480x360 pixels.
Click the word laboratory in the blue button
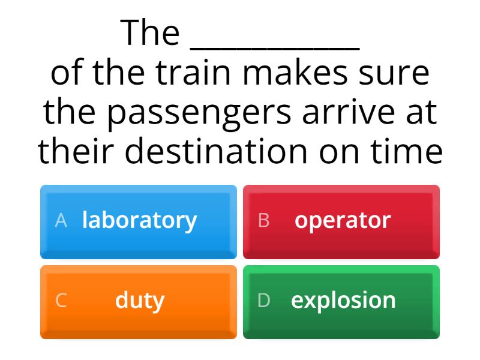pyautogui.click(x=139, y=221)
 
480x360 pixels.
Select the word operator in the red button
pyautogui.click(x=342, y=221)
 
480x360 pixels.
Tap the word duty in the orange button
pyautogui.click(x=139, y=301)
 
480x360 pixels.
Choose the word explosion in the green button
pyautogui.click(x=343, y=301)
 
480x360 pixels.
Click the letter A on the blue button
pyautogui.click(x=60, y=221)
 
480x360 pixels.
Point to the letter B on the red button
pyautogui.click(x=263, y=221)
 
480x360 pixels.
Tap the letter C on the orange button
pyautogui.click(x=61, y=301)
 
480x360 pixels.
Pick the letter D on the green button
pyautogui.click(x=263, y=301)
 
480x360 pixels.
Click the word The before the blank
pyautogui.click(x=150, y=34)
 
